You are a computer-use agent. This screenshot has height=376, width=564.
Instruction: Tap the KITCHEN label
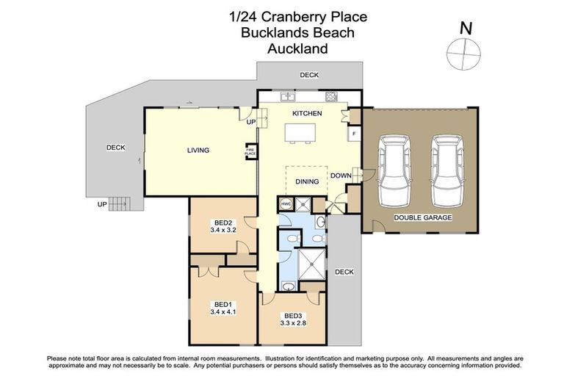307,114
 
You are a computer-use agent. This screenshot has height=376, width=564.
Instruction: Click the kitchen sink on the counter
288,95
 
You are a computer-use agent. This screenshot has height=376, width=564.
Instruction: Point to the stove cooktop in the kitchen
331,95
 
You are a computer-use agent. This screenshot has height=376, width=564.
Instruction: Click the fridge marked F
354,134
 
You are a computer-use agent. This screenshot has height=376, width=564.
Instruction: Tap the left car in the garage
396,171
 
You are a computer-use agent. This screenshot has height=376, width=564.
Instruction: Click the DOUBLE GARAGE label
422,218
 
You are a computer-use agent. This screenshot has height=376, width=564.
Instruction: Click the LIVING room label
198,151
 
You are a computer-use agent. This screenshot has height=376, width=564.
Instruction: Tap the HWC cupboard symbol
286,204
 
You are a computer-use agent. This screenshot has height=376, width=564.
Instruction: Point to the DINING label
307,181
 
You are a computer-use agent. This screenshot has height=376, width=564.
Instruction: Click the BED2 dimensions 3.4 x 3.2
223,230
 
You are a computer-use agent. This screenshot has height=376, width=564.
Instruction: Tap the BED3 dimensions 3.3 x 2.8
292,321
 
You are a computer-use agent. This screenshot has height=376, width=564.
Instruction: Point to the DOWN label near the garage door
341,176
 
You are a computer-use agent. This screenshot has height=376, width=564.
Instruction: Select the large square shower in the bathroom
308,262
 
